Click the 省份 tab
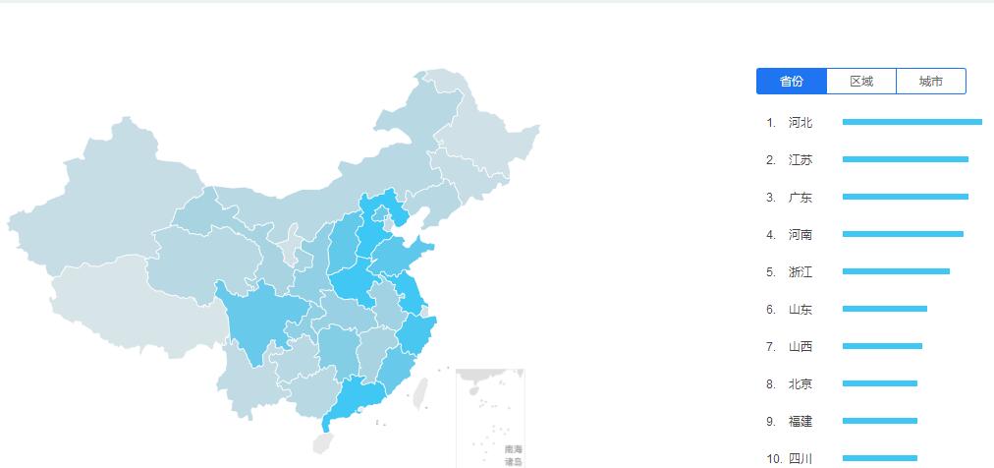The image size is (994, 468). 792,82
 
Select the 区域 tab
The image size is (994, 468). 861,82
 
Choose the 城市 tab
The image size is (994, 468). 931,82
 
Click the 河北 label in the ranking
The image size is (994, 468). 801,123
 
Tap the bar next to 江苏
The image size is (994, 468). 905,159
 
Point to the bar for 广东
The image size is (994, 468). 905,197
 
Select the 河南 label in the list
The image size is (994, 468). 801,235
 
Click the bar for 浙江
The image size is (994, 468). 896,271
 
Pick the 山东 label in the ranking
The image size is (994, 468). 801,310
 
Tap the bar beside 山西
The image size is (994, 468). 882,346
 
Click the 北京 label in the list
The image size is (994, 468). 801,384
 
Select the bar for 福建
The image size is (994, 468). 879,421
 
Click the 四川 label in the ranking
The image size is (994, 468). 801,458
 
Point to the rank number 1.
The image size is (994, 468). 771,123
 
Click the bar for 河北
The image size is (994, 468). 911,122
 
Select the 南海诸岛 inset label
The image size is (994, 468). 514,455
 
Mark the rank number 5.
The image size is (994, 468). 771,272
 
